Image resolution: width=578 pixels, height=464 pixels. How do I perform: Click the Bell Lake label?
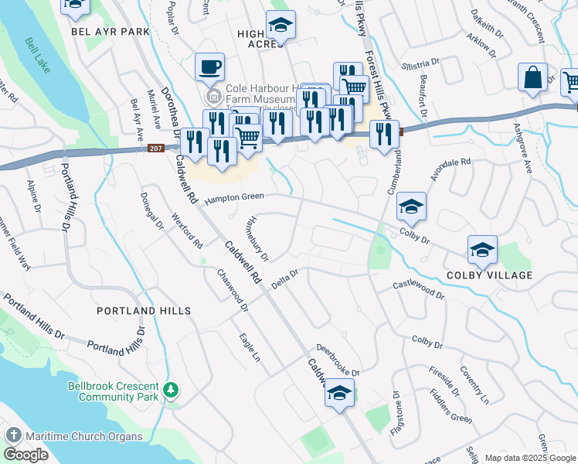[36, 55]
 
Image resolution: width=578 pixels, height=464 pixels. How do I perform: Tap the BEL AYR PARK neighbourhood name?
[109, 32]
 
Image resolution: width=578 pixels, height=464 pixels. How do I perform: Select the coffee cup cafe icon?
[209, 67]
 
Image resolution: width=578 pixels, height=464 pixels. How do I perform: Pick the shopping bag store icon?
[532, 77]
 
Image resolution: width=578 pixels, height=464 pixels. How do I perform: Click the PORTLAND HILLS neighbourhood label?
[144, 310]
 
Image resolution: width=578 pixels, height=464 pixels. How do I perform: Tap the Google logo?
[25, 454]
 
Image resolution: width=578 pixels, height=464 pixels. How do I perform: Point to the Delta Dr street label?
[285, 279]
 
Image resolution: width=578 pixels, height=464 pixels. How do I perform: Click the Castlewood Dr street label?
[419, 289]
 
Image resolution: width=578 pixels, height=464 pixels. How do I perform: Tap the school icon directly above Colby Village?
[482, 250]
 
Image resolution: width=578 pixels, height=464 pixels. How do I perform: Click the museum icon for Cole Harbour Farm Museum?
[214, 97]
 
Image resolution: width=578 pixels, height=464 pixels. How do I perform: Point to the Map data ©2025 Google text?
[530, 458]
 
